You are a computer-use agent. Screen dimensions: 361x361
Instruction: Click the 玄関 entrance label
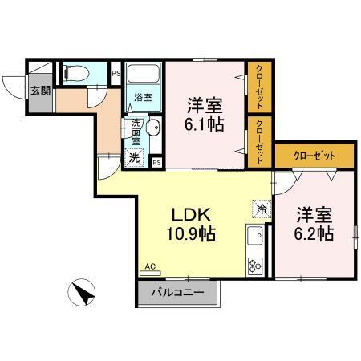click(40, 91)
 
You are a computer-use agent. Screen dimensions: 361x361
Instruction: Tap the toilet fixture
click(77, 75)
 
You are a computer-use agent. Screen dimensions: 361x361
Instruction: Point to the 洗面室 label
click(136, 132)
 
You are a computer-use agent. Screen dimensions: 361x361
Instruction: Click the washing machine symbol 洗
click(135, 157)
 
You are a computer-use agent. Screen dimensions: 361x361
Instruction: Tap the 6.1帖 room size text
click(205, 125)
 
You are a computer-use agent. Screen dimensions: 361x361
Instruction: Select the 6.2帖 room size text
click(314, 234)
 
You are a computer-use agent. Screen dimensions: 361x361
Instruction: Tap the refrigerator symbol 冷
click(261, 208)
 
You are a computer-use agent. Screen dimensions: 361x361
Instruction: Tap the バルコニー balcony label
click(177, 293)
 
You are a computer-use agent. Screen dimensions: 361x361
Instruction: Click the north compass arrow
click(83, 292)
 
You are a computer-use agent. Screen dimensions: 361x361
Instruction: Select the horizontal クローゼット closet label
click(314, 156)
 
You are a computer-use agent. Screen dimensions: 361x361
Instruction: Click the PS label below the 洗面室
click(156, 163)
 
